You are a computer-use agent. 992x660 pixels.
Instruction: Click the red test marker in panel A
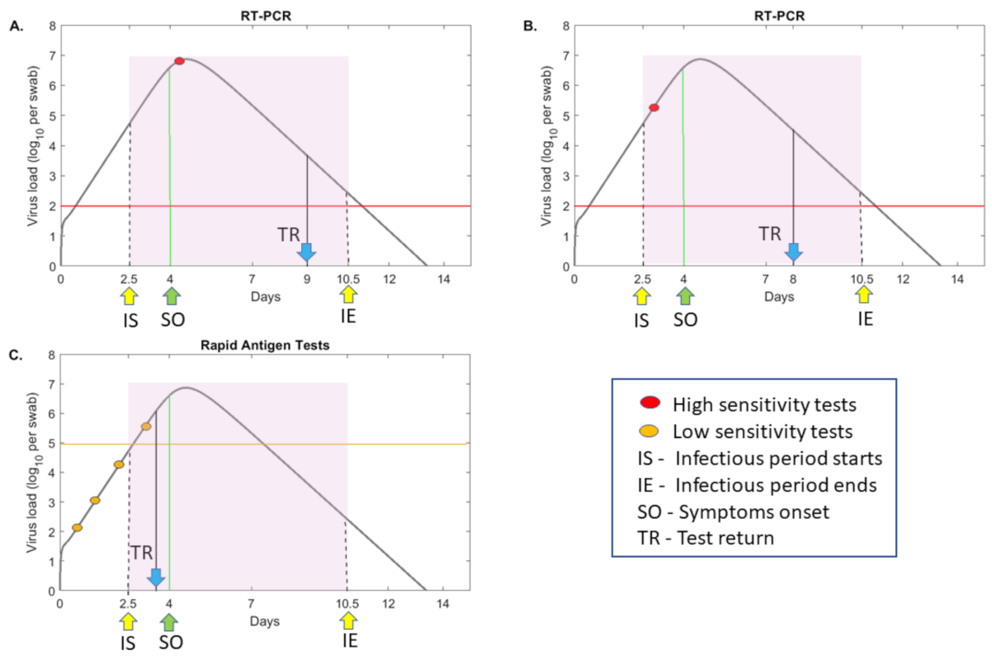(179, 61)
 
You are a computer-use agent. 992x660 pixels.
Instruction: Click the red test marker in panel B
(654, 108)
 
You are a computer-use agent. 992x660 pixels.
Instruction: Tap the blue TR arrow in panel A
(307, 251)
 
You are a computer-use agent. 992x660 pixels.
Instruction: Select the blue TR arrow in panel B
(794, 251)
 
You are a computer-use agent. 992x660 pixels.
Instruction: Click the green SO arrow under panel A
(170, 295)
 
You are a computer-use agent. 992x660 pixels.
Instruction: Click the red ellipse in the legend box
(650, 403)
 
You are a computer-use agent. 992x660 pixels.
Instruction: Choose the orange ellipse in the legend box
(650, 431)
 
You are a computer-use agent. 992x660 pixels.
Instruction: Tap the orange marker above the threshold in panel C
(146, 427)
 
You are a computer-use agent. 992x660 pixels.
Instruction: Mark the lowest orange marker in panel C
(77, 528)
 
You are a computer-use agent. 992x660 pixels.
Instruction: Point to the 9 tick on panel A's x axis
(307, 279)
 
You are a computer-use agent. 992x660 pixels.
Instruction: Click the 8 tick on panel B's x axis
(794, 279)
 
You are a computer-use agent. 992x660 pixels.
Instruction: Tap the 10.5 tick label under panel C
(347, 603)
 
